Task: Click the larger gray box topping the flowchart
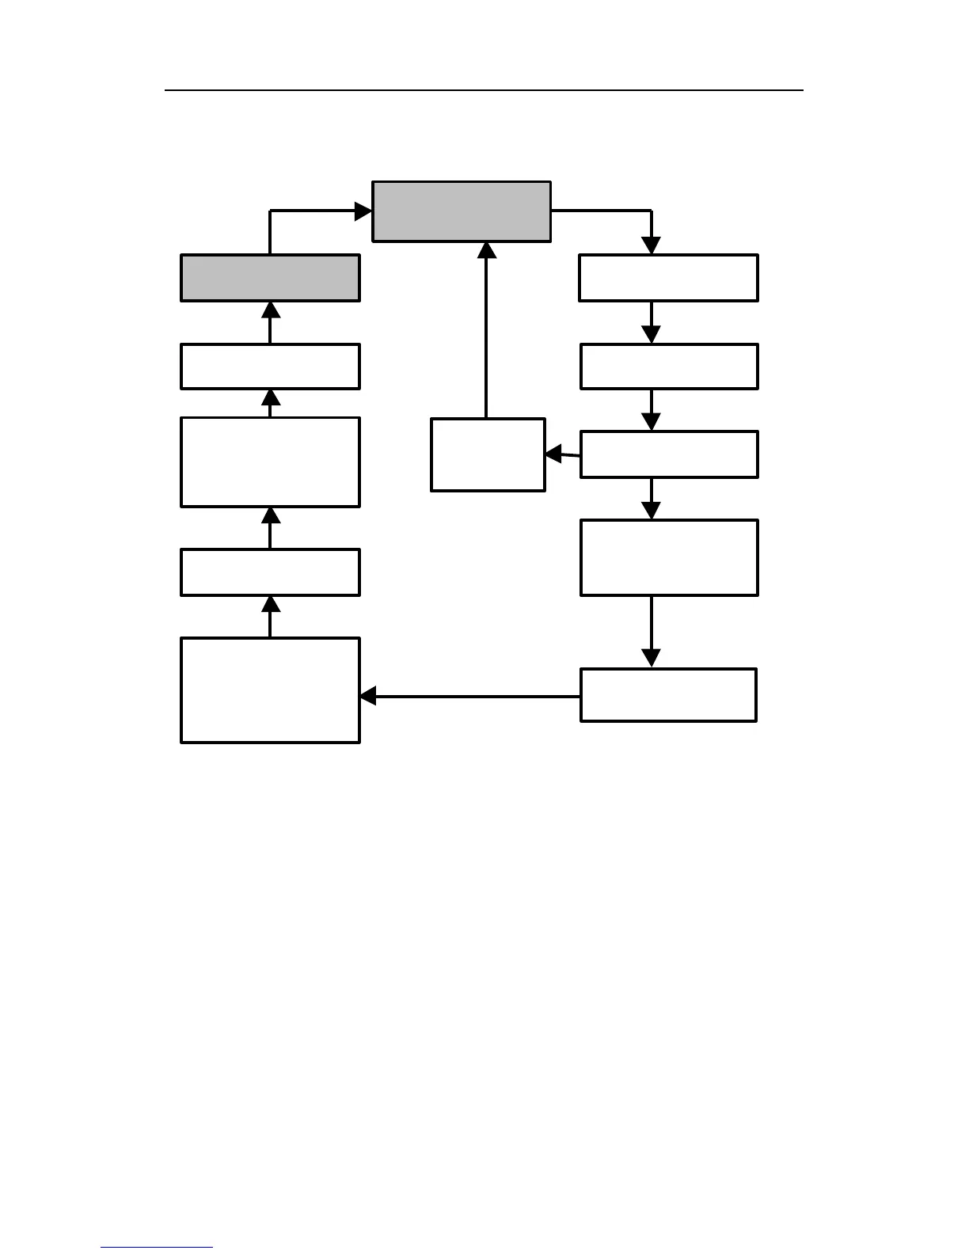462,211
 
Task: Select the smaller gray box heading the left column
270,278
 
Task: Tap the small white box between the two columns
488,454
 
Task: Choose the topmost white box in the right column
668,278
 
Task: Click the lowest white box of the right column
668,695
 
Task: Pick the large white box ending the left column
270,690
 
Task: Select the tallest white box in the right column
669,557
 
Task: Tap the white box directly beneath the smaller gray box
270,367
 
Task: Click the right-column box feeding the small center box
669,454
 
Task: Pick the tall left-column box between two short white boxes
270,462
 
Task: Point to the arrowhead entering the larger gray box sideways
363,211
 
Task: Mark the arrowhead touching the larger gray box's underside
487,250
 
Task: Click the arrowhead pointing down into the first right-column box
651,245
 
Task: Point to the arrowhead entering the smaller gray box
271,310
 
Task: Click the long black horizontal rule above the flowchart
484,90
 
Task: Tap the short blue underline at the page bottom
157,1248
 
